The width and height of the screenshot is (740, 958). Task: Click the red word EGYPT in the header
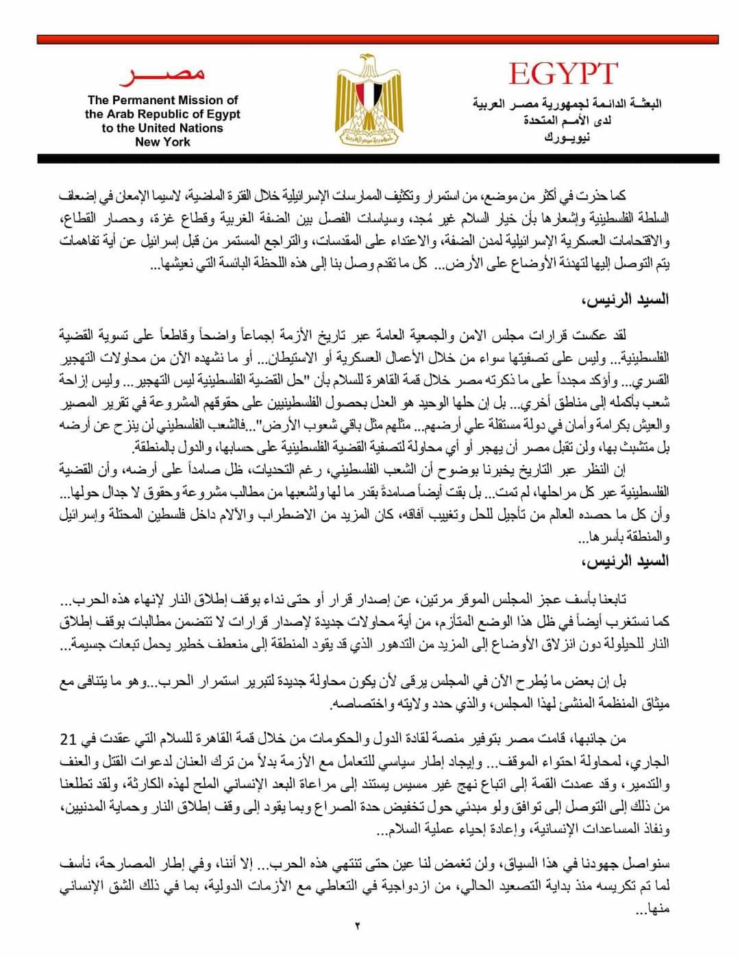click(x=563, y=74)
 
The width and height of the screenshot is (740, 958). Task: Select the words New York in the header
click(x=162, y=142)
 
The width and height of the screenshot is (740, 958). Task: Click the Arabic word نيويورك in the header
click(x=567, y=137)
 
